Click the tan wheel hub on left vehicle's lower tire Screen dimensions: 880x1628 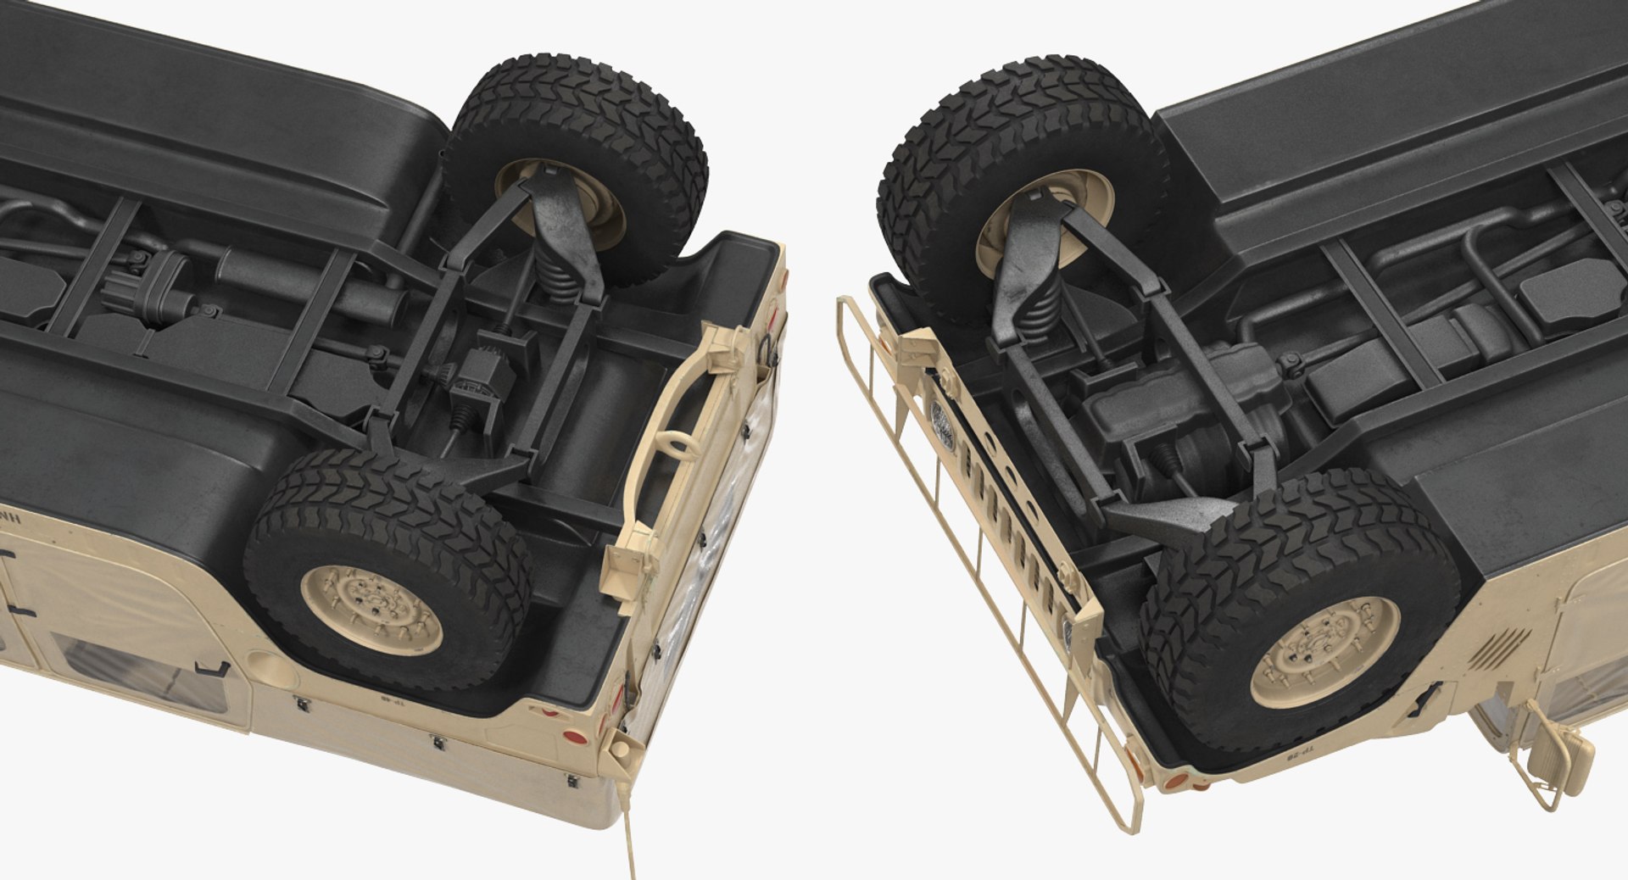click(371, 610)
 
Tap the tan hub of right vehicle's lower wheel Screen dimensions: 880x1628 click(1325, 652)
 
